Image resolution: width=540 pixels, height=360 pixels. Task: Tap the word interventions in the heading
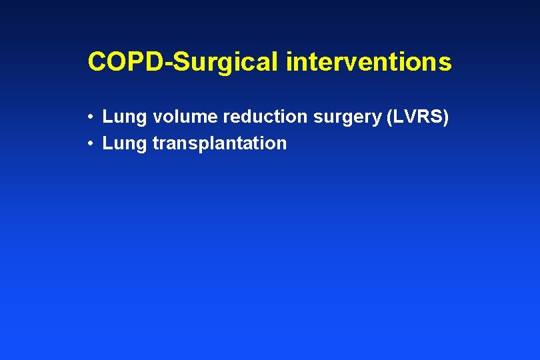click(369, 63)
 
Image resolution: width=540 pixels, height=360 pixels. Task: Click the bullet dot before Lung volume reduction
click(89, 118)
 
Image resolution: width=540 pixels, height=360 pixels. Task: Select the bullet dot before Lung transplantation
click(89, 143)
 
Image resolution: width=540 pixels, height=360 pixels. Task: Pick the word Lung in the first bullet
click(125, 117)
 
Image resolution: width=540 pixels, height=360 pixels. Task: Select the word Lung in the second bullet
click(125, 143)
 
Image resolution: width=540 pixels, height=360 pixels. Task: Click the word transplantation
click(219, 143)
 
